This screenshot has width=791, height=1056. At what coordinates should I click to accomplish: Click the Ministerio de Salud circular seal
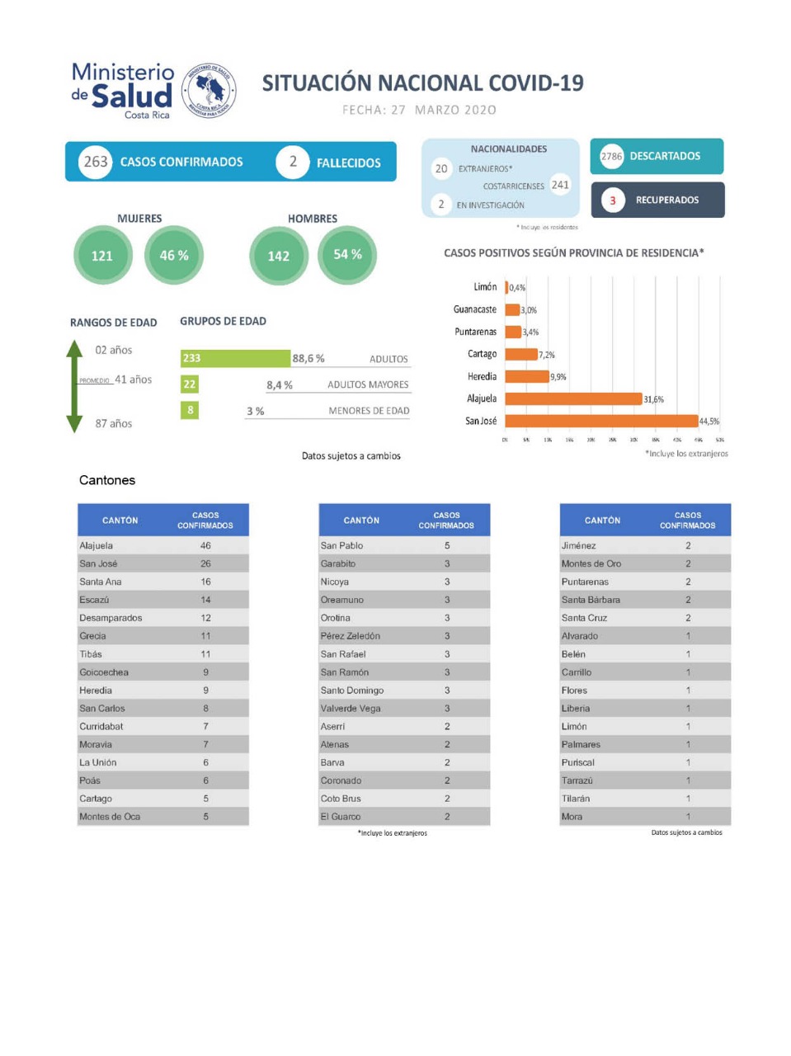[209, 91]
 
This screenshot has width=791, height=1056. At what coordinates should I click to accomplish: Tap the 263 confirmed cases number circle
[96, 162]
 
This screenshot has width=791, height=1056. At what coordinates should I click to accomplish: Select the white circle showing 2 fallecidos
[293, 162]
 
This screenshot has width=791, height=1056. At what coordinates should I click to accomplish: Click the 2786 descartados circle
[611, 156]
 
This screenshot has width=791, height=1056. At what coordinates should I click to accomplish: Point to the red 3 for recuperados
[613, 200]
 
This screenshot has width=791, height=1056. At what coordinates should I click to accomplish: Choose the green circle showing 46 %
[174, 256]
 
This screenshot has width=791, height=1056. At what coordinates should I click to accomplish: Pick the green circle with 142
[279, 256]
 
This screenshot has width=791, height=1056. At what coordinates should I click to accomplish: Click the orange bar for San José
[601, 421]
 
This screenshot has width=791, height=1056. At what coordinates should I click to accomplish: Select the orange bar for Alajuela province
[573, 398]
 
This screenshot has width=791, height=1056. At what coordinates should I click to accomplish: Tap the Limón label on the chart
[485, 287]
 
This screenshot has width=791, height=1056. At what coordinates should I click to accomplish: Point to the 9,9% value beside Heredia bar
[558, 377]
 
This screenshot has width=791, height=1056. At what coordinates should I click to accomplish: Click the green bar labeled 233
[235, 358]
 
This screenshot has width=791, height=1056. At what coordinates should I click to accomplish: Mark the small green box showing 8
[191, 410]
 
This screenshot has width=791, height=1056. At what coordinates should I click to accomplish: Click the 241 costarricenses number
[560, 185]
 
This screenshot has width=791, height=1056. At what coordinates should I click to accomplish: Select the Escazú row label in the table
[94, 600]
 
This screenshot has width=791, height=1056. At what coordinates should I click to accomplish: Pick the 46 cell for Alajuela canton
[205, 545]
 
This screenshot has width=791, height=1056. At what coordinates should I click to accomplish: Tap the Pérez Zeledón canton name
[351, 636]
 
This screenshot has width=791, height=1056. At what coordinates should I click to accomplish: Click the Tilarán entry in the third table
[576, 799]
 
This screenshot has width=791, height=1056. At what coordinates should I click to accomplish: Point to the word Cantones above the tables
[107, 480]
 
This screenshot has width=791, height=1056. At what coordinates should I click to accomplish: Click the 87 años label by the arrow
[114, 423]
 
